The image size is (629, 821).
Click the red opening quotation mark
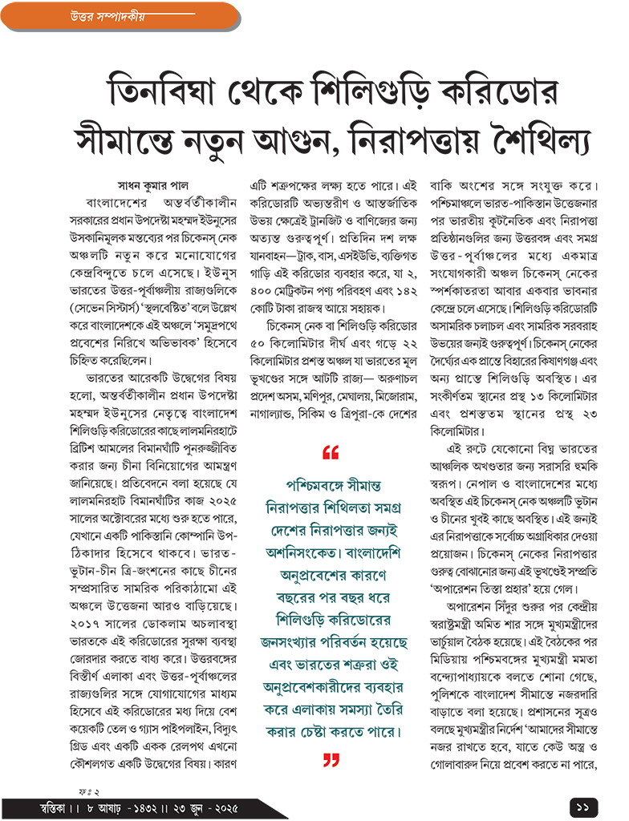coord(330,453)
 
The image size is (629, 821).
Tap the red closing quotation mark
coord(331,760)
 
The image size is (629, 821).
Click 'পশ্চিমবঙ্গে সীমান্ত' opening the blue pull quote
coord(331,486)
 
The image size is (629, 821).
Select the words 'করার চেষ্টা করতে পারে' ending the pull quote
coord(331,732)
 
